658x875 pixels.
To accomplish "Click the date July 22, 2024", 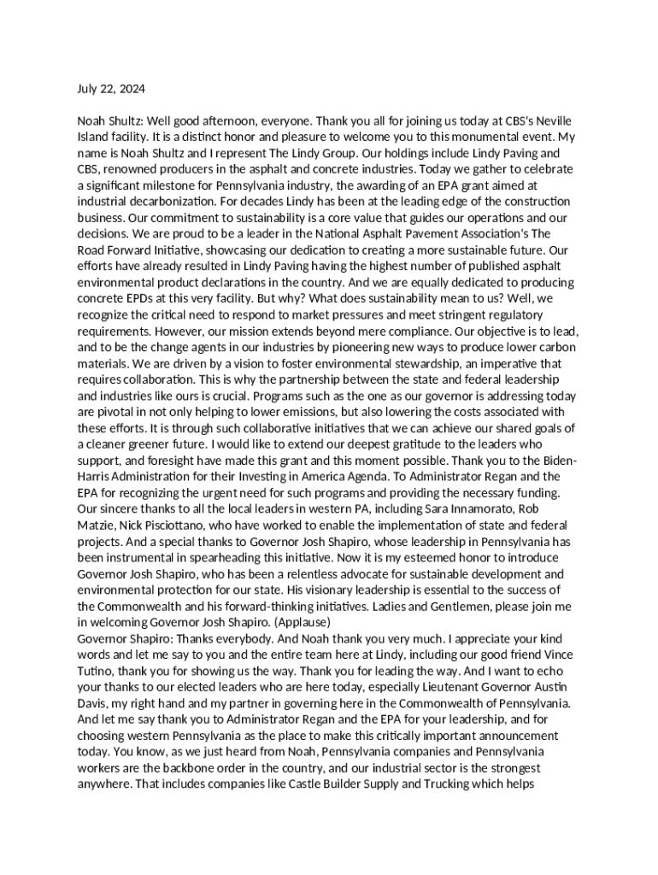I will pos(111,89).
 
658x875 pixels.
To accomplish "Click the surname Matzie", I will pos(95,525).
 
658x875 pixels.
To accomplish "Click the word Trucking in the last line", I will pos(444,784).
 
